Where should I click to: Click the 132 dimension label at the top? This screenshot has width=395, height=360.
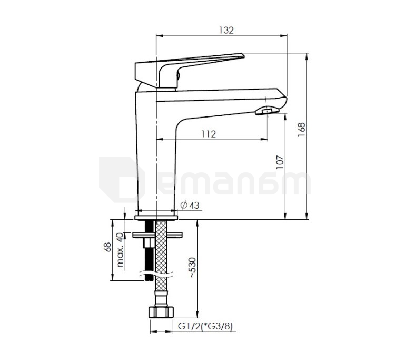tap(226, 30)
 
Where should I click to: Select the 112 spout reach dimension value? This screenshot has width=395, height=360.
tap(209, 134)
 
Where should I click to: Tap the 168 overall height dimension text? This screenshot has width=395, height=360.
tap(301, 129)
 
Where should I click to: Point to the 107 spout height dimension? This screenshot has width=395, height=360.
tap(280, 162)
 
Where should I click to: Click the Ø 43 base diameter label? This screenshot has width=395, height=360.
tap(190, 205)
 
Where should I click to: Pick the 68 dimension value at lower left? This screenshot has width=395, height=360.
tap(107, 247)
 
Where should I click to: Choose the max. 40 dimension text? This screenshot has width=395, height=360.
tap(120, 250)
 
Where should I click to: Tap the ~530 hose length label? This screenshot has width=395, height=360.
tap(193, 267)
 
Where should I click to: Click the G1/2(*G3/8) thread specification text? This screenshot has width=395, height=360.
tap(205, 326)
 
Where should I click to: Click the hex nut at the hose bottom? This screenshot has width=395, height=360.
tap(161, 312)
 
